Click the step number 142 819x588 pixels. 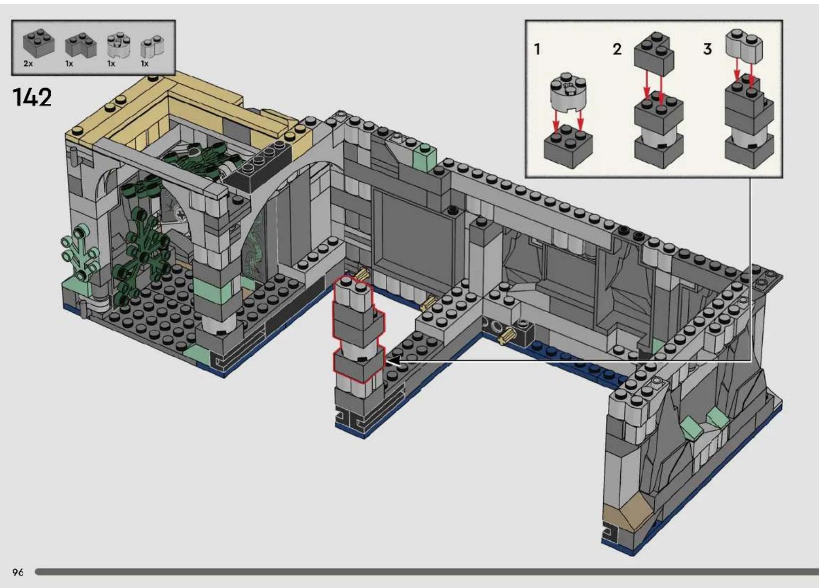click(32, 97)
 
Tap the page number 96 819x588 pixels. click(18, 572)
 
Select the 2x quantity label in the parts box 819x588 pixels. click(28, 64)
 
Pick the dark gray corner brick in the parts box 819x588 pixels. click(81, 46)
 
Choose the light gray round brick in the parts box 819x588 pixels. click(119, 46)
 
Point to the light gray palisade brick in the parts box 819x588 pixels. click(152, 47)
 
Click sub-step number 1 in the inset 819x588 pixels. click(537, 49)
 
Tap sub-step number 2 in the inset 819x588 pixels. click(617, 49)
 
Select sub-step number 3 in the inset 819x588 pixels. click(708, 49)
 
